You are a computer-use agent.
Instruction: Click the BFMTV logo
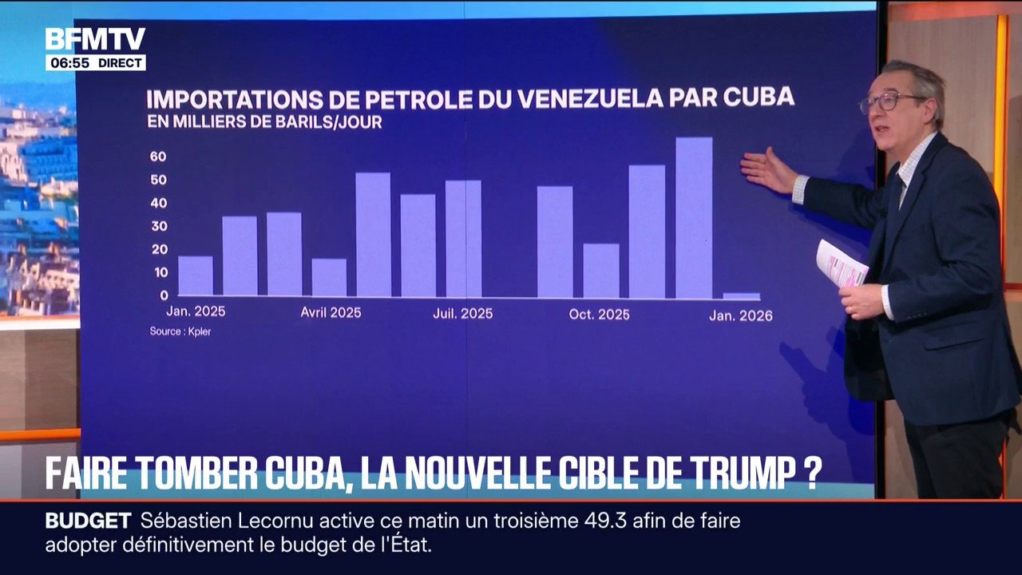(x=95, y=39)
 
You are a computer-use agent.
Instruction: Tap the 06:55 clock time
(x=69, y=63)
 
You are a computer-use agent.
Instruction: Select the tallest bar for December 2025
(x=694, y=218)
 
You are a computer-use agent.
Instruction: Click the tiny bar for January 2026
(x=742, y=296)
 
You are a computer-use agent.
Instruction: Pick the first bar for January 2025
(x=196, y=276)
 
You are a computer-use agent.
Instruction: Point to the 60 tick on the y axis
(x=158, y=157)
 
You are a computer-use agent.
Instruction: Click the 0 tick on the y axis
(x=164, y=295)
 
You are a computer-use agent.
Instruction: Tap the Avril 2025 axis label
(x=331, y=312)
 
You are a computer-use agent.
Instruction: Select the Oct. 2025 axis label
(x=599, y=315)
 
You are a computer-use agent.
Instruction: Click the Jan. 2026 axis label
(x=741, y=315)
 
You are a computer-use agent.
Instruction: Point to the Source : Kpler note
(x=180, y=331)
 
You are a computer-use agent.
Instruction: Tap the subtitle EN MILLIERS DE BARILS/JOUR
(x=264, y=122)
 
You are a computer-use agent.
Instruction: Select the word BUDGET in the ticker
(x=88, y=521)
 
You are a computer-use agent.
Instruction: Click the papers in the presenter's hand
(x=841, y=264)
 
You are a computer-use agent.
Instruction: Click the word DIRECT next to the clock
(x=120, y=63)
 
